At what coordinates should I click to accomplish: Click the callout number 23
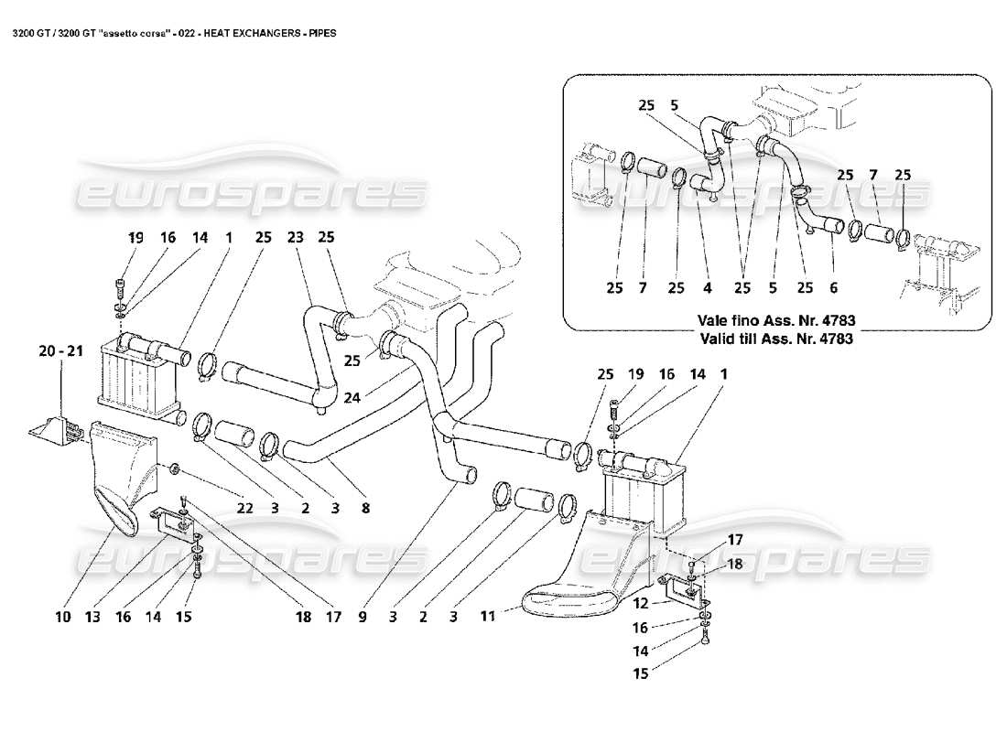click(x=295, y=237)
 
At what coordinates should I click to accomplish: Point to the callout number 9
click(x=362, y=618)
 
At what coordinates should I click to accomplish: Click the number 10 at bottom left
click(x=61, y=618)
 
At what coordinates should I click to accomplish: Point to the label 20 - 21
click(x=60, y=350)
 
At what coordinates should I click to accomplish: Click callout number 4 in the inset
click(x=707, y=288)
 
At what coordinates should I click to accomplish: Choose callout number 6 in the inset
click(x=832, y=288)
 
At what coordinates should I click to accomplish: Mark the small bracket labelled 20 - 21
click(x=58, y=430)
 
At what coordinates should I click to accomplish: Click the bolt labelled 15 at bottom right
click(x=706, y=642)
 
